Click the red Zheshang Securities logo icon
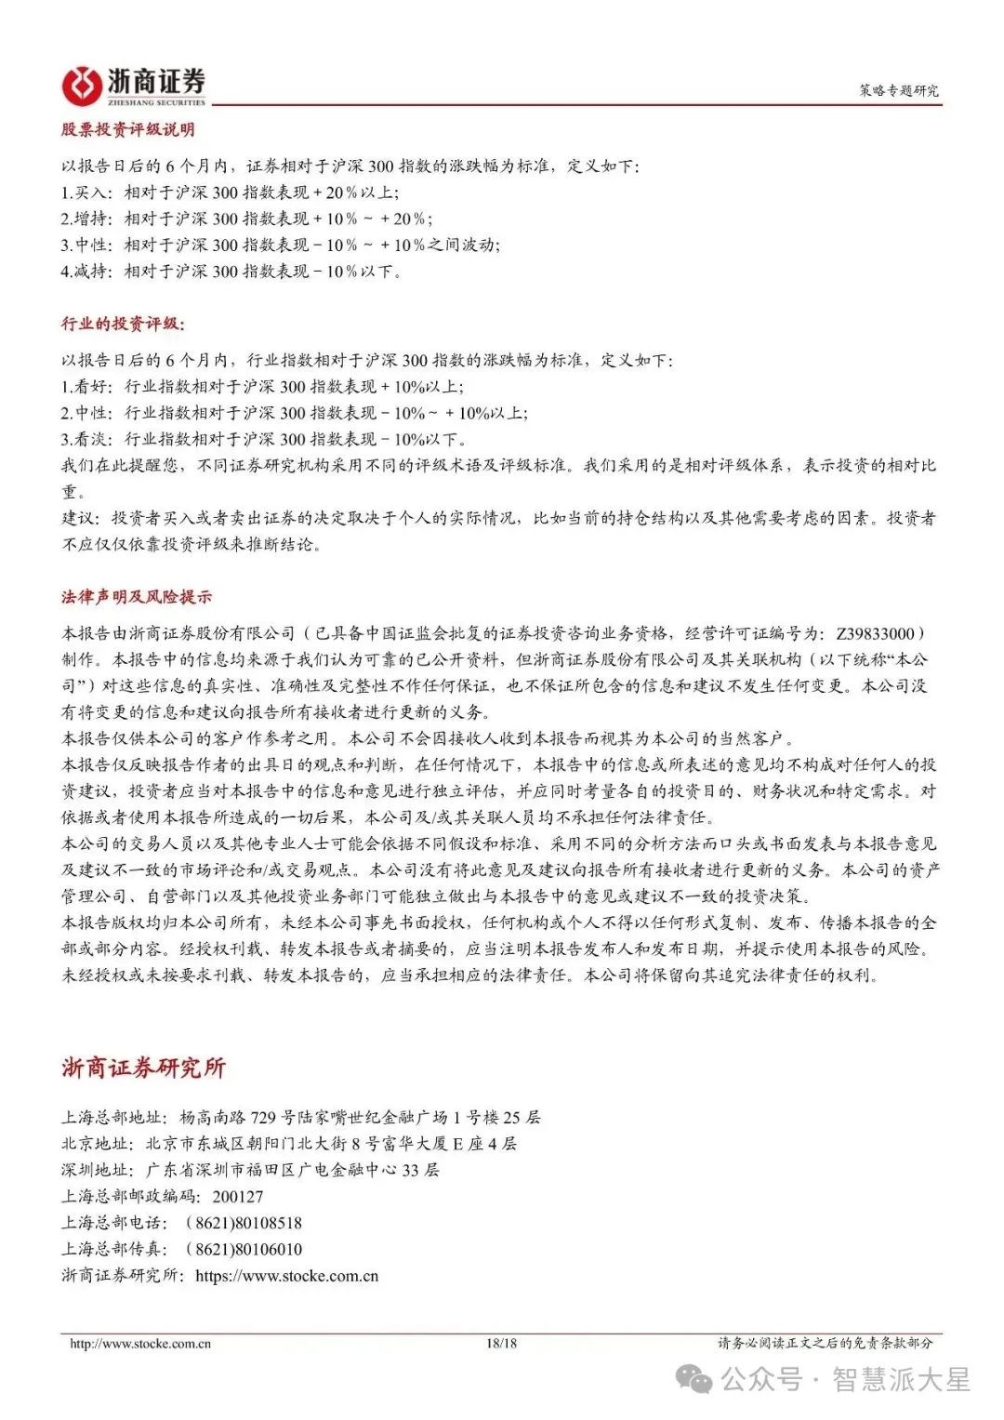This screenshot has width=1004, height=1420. click(x=81, y=86)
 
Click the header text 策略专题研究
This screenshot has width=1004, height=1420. click(x=898, y=90)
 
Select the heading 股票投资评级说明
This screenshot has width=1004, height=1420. click(x=127, y=129)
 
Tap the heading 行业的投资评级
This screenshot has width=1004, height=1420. click(x=123, y=324)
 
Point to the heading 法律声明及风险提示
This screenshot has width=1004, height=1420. click(x=136, y=597)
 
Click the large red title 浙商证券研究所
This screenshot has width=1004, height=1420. click(x=143, y=1068)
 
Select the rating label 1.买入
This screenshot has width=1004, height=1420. click(x=86, y=192)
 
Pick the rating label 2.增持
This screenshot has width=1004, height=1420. click(x=86, y=219)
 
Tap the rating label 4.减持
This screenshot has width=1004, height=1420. click(x=86, y=272)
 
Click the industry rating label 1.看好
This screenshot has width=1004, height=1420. click(x=86, y=387)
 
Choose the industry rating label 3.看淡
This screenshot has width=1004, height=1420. click(x=86, y=439)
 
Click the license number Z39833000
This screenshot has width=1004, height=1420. click(x=875, y=633)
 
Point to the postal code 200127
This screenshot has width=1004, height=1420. click(x=237, y=1197)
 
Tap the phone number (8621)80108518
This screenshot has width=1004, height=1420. click(x=244, y=1223)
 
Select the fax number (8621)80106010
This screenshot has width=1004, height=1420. click(x=244, y=1249)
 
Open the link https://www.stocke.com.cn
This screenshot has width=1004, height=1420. click(x=286, y=1276)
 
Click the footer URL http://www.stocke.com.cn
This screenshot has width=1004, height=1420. click(x=140, y=1343)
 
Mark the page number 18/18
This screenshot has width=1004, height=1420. click(x=501, y=1343)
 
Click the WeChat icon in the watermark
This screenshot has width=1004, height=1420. click(x=694, y=1379)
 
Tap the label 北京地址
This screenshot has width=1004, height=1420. click(x=98, y=1144)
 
